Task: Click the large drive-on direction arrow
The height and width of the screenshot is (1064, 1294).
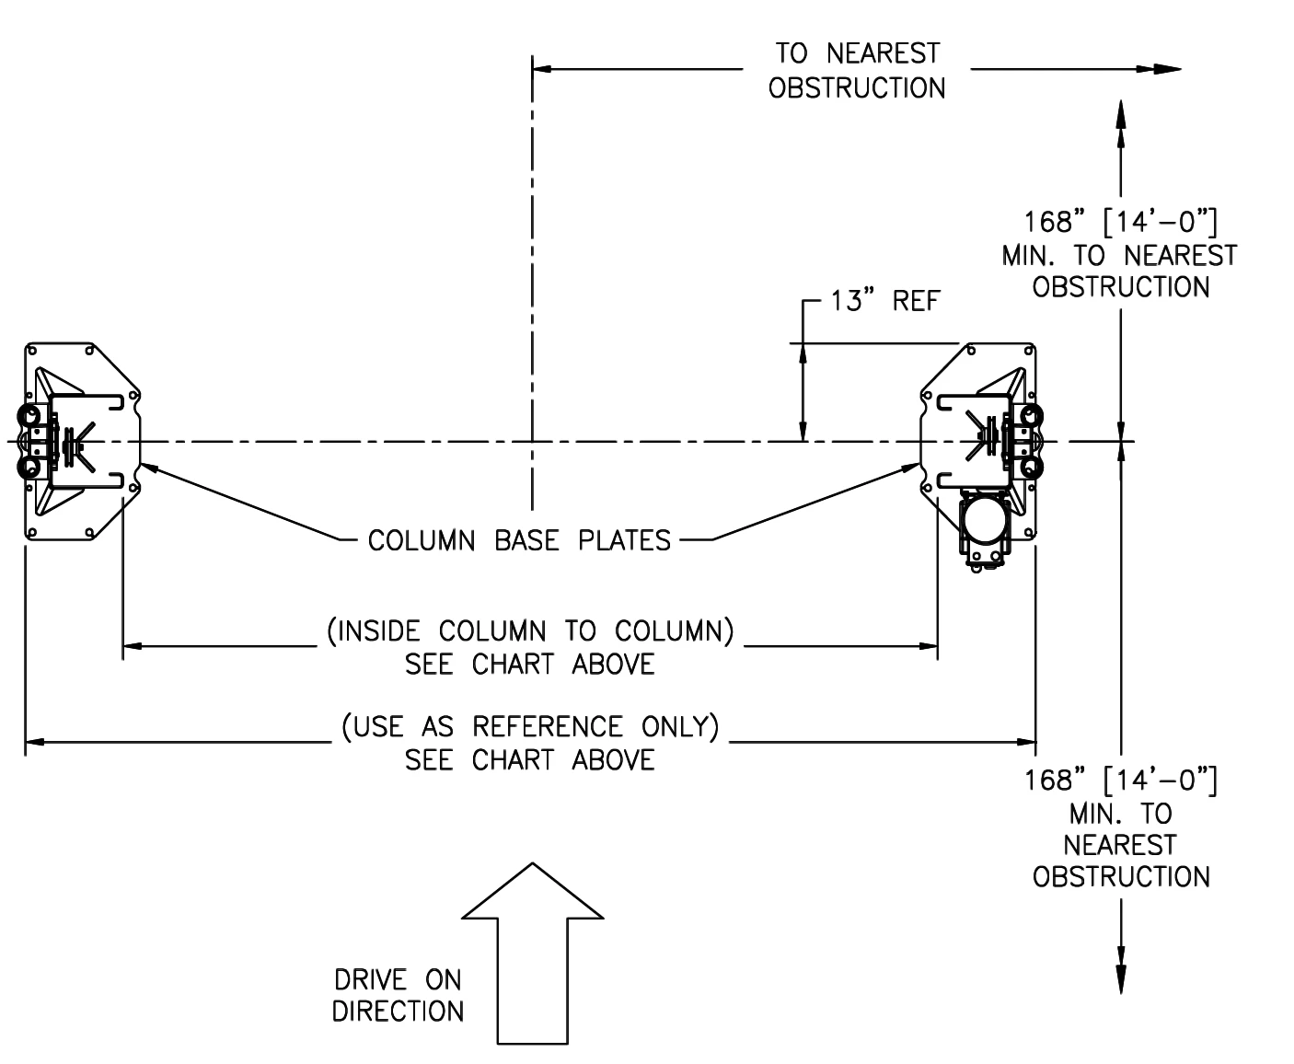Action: [532, 957]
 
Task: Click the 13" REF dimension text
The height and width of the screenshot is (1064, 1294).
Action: [884, 301]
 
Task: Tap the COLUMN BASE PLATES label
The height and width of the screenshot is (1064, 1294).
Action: [519, 540]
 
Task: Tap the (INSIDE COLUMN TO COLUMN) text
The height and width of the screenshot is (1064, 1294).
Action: [531, 631]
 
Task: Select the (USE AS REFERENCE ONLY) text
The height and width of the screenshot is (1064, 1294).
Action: [530, 727]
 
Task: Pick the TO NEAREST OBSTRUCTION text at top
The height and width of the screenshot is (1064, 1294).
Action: [857, 71]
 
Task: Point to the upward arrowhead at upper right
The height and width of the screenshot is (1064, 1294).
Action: [1121, 122]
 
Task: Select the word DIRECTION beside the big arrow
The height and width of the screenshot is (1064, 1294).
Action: [398, 1012]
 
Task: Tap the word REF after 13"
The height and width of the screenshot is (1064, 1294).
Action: [916, 301]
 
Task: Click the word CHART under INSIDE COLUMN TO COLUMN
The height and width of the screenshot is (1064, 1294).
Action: [513, 665]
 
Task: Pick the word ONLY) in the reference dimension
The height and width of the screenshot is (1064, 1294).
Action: [680, 727]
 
